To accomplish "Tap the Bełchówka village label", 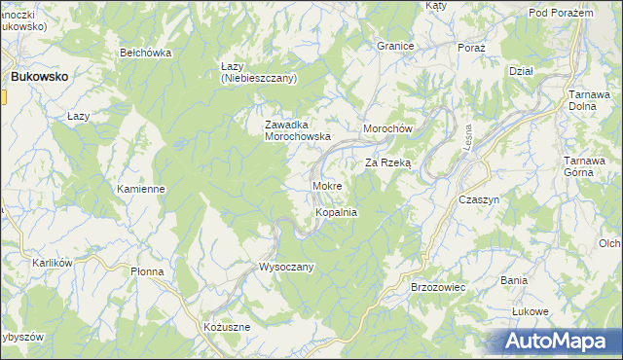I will [x=145, y=53].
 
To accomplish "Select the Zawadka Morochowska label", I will [x=299, y=130].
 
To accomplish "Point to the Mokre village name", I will [x=325, y=185].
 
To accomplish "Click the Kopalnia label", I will [x=336, y=211].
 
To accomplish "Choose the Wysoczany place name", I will [x=286, y=266].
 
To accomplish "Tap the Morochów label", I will [x=389, y=129].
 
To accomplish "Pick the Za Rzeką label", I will [x=388, y=163].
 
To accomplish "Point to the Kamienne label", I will [x=141, y=189].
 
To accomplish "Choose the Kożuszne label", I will [x=227, y=327].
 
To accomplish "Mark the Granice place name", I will [x=396, y=46].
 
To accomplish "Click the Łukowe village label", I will [x=531, y=311].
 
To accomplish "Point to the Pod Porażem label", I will [x=562, y=12].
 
